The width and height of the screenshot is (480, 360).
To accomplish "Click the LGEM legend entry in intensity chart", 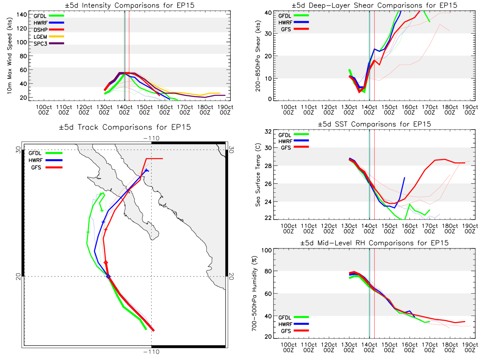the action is click(x=48, y=37).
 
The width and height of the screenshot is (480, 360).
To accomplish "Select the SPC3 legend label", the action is click(x=40, y=44).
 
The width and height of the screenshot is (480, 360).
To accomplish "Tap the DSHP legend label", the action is click(x=40, y=30).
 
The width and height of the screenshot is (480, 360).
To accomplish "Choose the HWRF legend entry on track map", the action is click(x=46, y=160).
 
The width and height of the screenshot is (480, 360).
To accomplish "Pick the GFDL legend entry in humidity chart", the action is click(x=293, y=317).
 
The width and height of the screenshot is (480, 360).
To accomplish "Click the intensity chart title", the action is click(x=130, y=5).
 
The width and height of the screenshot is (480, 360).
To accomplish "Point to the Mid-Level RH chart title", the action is click(x=374, y=243).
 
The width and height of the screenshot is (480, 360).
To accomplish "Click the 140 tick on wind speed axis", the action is click(x=22, y=15).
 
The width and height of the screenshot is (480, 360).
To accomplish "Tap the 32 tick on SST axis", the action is click(x=268, y=131).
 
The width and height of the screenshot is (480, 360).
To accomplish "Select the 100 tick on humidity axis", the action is click(x=266, y=250).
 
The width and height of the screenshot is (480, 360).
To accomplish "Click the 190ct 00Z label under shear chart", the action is click(x=470, y=110).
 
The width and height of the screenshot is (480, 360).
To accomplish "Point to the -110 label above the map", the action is click(x=151, y=138).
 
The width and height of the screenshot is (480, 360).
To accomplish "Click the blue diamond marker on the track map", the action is click(x=108, y=276).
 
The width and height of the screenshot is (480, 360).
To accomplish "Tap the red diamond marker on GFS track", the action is click(x=106, y=262).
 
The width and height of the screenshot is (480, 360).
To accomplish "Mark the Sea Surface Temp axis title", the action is click(x=258, y=175).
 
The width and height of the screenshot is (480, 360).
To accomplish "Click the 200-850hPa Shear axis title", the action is click(x=258, y=56).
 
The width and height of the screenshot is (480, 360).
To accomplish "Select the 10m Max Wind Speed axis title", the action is click(x=10, y=56).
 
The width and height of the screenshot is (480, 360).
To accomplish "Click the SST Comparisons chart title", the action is click(x=374, y=124).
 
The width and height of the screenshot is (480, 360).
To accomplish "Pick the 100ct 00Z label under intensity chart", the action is click(x=44, y=110).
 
